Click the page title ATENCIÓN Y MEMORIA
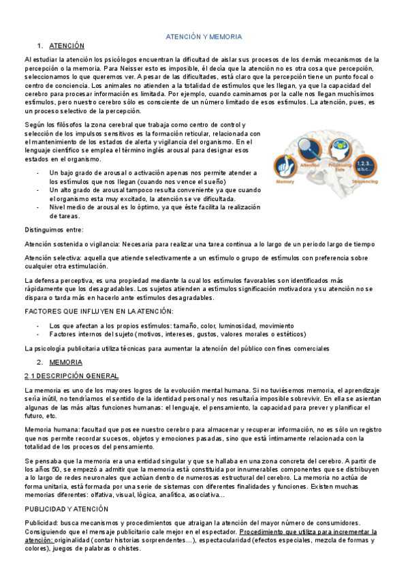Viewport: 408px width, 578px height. point(204,36)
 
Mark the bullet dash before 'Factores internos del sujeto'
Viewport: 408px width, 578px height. point(38,334)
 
